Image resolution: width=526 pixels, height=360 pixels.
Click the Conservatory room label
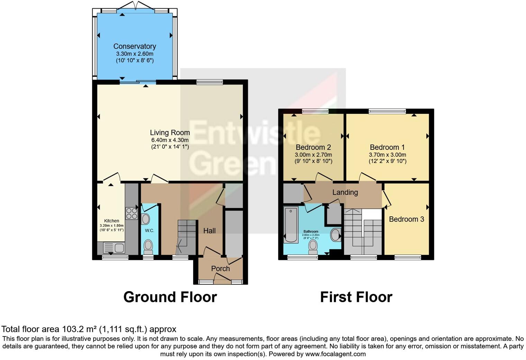(135, 46)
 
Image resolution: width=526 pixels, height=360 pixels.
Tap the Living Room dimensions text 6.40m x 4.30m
(170, 140)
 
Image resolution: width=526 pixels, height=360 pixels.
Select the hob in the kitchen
(131, 213)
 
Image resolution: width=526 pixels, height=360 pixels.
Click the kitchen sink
(114, 248)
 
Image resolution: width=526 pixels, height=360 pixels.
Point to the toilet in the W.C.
(148, 247)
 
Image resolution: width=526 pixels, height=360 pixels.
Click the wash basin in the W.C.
(146, 219)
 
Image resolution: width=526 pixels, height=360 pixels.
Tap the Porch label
(220, 269)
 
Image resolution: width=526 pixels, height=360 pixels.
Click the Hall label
(209, 231)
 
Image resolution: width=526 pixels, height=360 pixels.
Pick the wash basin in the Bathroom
(335, 235)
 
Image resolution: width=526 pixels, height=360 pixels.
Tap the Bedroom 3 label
(406, 219)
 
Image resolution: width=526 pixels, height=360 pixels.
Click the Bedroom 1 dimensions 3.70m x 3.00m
(387, 155)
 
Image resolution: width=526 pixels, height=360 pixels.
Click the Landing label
(345, 192)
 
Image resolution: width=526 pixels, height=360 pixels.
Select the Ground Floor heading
(170, 297)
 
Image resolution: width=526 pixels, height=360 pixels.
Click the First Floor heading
(356, 297)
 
